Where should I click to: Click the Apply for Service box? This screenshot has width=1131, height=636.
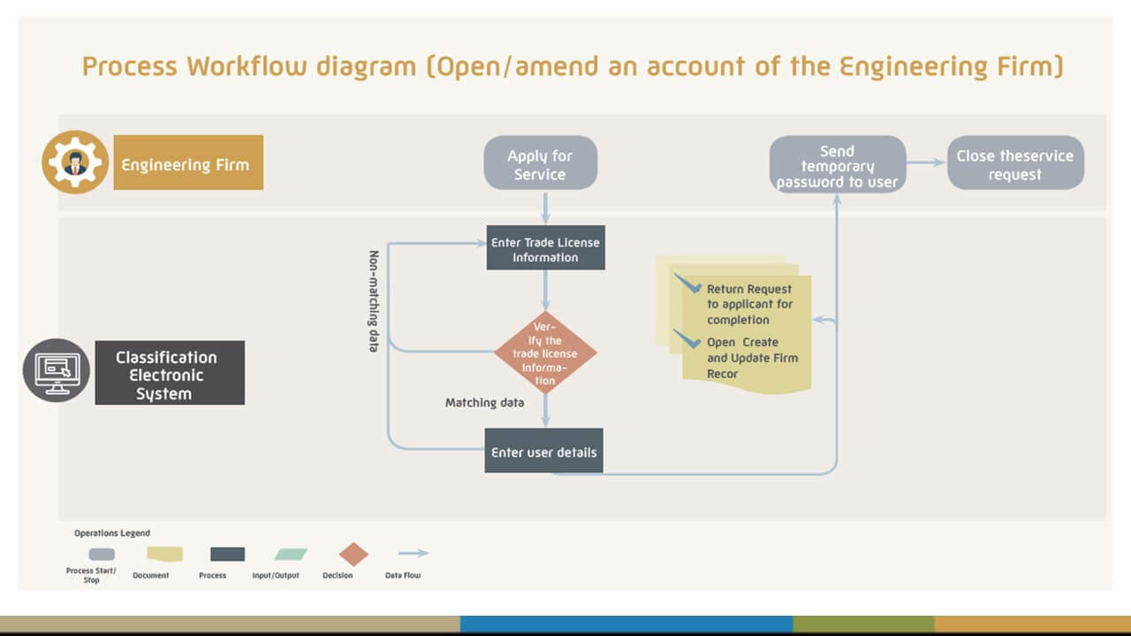click(540, 163)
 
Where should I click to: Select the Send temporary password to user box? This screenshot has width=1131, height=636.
click(837, 164)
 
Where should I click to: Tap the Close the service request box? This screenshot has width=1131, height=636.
click(1015, 163)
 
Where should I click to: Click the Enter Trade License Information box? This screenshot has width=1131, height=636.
click(545, 250)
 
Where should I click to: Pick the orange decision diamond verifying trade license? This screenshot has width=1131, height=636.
click(545, 352)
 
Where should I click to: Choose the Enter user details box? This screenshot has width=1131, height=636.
click(543, 451)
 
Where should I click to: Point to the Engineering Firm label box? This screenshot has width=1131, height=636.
click(187, 163)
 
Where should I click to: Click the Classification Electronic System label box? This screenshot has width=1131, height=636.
click(169, 374)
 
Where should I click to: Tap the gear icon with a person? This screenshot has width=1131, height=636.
click(74, 163)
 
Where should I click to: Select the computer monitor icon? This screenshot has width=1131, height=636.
click(57, 370)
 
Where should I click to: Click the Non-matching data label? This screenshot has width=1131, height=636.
click(374, 301)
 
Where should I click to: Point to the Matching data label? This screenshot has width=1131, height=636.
click(484, 403)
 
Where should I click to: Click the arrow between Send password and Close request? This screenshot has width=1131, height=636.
click(926, 163)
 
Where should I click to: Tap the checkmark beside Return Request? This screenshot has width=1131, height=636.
click(687, 284)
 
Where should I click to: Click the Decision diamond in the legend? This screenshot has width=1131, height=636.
click(354, 554)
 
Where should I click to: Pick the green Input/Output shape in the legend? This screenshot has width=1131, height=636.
click(291, 555)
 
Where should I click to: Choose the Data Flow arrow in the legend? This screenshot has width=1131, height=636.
click(413, 554)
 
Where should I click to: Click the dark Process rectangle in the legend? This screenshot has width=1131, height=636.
click(227, 555)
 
